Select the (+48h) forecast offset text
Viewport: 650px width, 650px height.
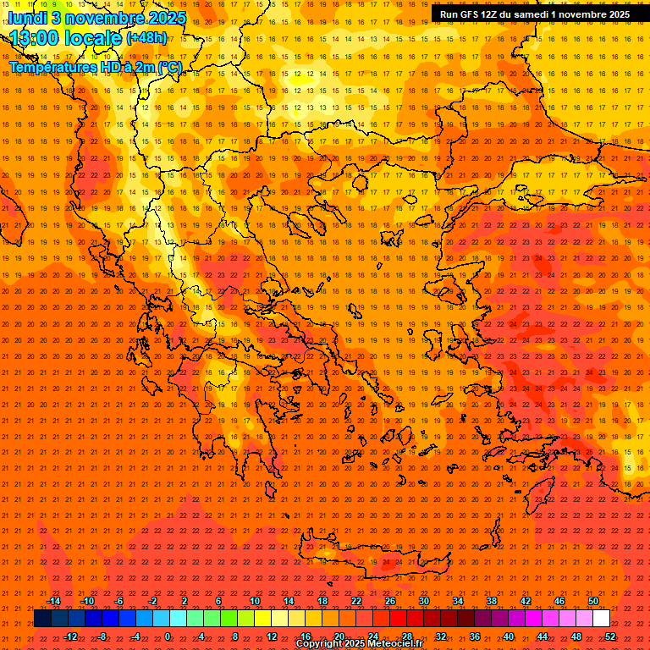click(x=146, y=38)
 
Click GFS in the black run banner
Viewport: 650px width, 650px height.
click(x=469, y=14)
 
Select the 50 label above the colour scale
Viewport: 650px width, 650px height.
click(x=592, y=601)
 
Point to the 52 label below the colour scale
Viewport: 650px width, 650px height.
click(x=610, y=636)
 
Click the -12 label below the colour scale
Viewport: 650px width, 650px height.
click(x=70, y=636)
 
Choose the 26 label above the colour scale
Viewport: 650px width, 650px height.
click(x=390, y=601)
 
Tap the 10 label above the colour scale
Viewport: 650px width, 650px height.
click(x=255, y=601)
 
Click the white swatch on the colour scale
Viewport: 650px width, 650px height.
click(x=602, y=619)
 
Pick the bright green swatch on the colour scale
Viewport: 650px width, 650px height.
click(x=229, y=619)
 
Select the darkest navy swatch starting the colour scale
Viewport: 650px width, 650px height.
click(x=43, y=619)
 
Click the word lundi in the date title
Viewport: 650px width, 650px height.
click(x=29, y=18)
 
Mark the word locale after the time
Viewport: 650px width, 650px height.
click(x=96, y=39)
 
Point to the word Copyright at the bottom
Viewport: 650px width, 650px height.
click(x=320, y=644)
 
